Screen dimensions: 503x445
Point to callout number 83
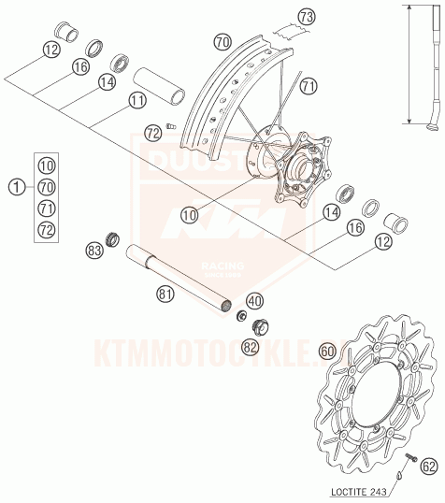point(93,250)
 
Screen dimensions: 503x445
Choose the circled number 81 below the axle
point(165,295)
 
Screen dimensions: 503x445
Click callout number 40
point(255,301)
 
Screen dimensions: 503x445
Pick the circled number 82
point(249,347)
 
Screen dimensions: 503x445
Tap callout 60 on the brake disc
point(326,351)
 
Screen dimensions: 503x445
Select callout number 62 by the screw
point(428,464)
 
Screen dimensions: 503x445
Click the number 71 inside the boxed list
point(47,207)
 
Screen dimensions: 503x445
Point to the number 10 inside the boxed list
point(47,165)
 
